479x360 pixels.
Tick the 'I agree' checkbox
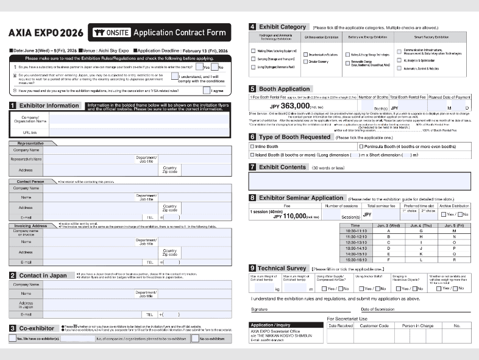(x=207, y=91)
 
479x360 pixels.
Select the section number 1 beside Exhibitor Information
(x=13, y=106)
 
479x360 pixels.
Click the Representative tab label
(x=30, y=144)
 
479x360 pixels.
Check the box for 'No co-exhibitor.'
(x=195, y=339)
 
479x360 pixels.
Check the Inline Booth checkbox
(x=253, y=147)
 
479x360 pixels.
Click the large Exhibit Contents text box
(x=360, y=181)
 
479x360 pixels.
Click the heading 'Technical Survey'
(x=283, y=269)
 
